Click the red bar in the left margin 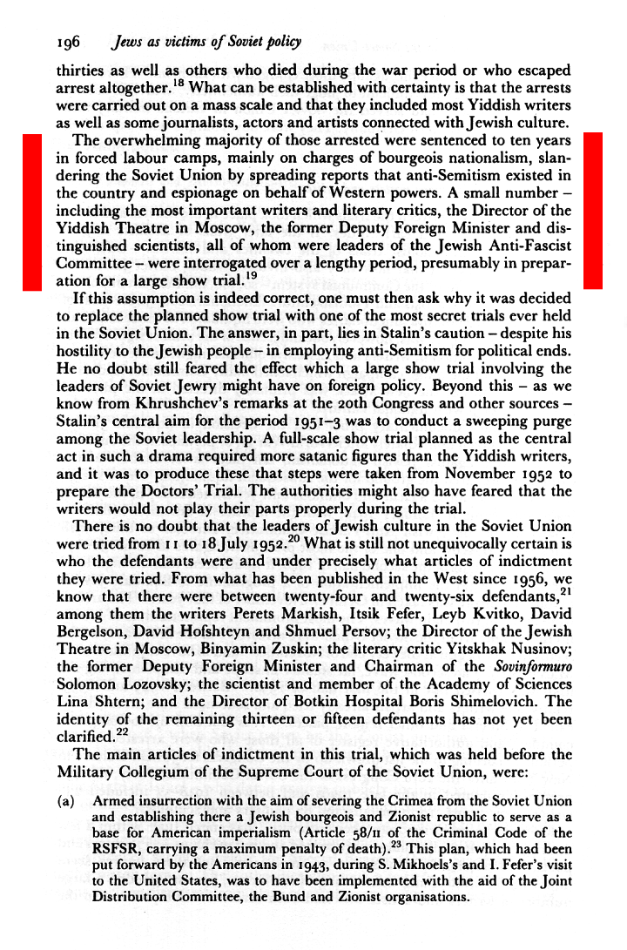pos(32,211)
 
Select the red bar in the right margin pos(593,211)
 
